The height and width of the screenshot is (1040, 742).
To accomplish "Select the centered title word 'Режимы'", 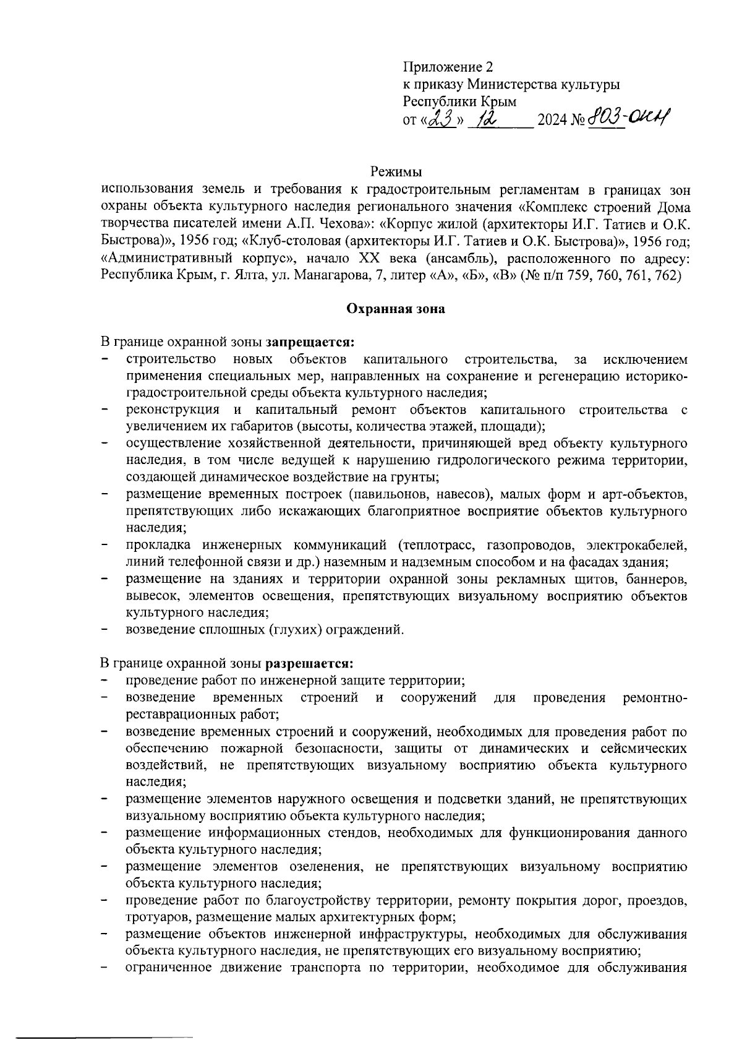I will coord(396,171).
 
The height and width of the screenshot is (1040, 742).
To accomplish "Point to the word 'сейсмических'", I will coord(644,749).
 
